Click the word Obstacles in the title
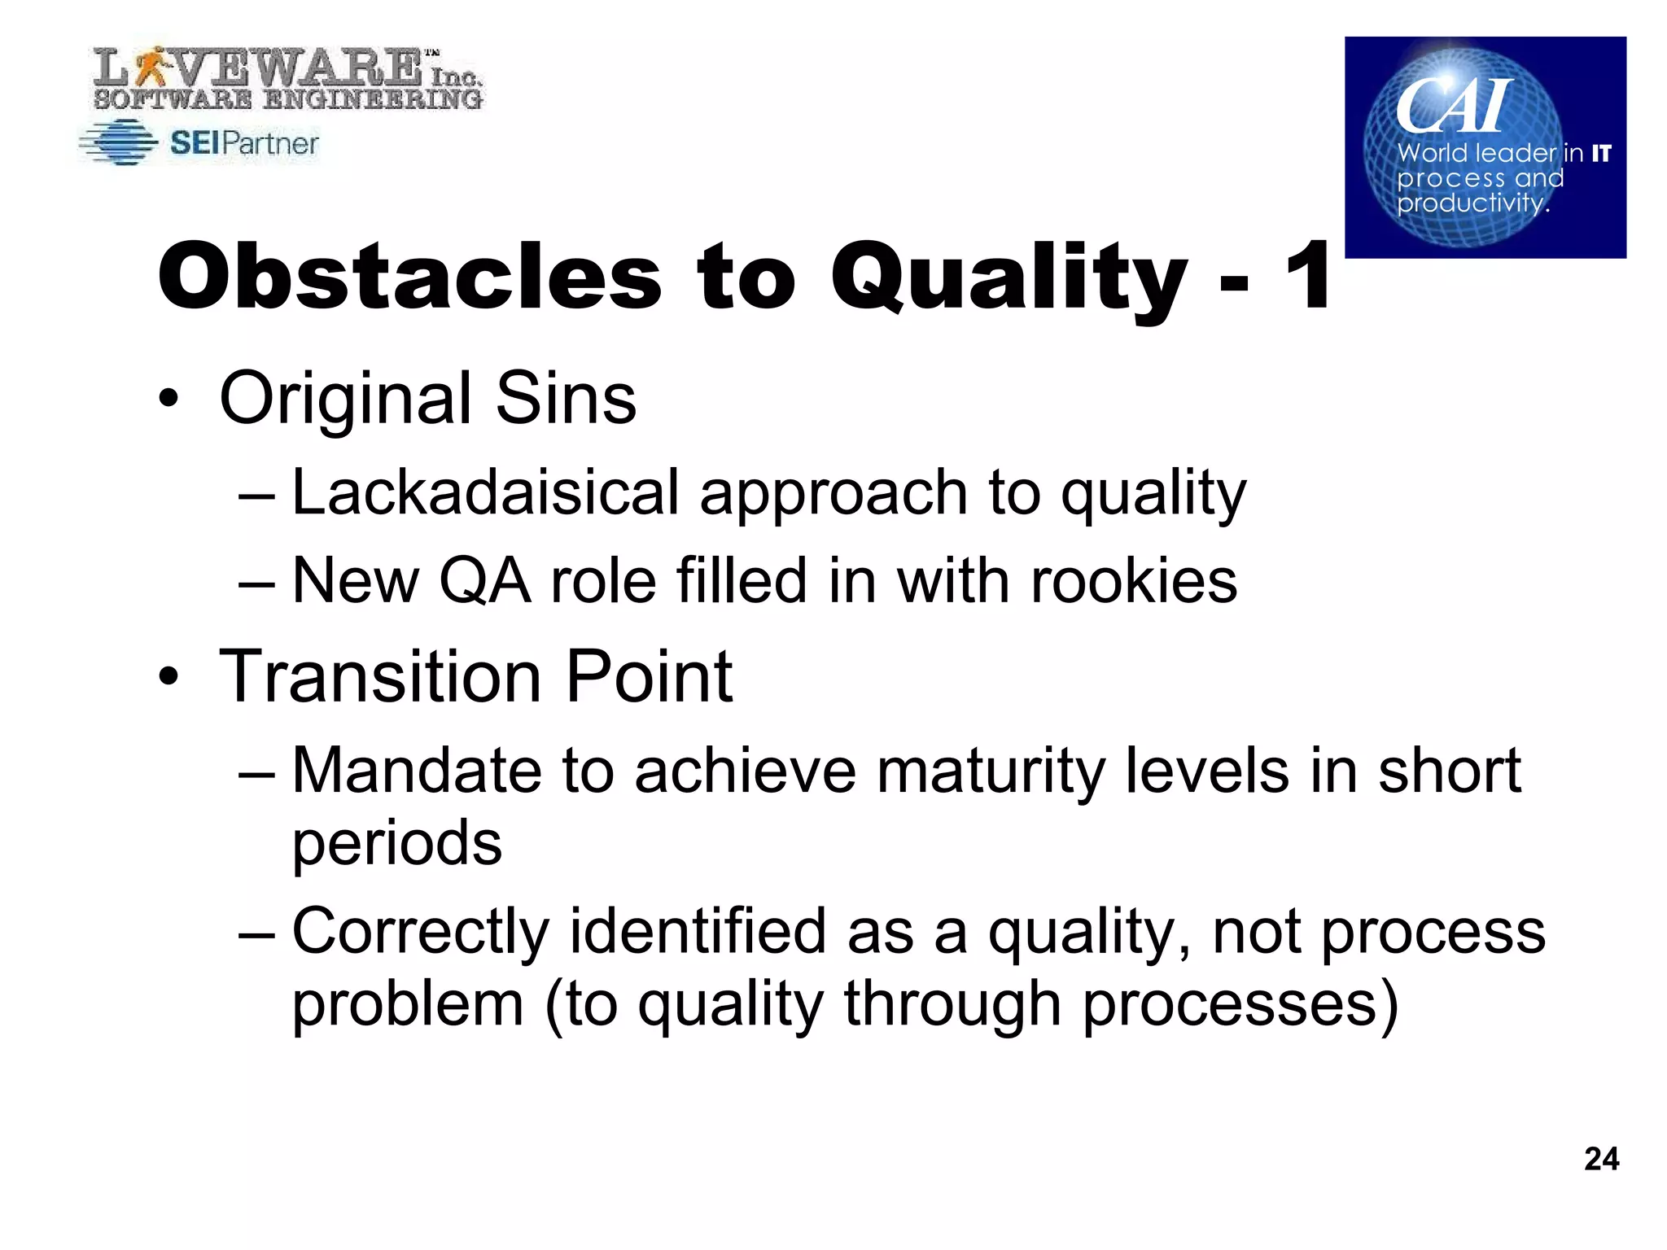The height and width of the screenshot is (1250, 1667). pyautogui.click(x=409, y=277)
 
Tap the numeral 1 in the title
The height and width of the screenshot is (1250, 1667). pyautogui.click(x=1307, y=277)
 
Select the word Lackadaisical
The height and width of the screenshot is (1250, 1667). pyautogui.click(x=485, y=493)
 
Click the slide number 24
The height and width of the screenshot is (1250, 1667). pyautogui.click(x=1601, y=1158)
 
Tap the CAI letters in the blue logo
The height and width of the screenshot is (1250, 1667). pyautogui.click(x=1454, y=106)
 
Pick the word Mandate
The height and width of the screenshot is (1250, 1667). pyautogui.click(x=415, y=771)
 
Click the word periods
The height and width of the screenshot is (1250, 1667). pyautogui.click(x=397, y=843)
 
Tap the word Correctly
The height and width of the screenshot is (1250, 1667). pyautogui.click(x=420, y=932)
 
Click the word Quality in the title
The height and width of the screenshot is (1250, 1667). pyautogui.click(x=1009, y=277)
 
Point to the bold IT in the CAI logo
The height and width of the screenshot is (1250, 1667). pyautogui.click(x=1601, y=153)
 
